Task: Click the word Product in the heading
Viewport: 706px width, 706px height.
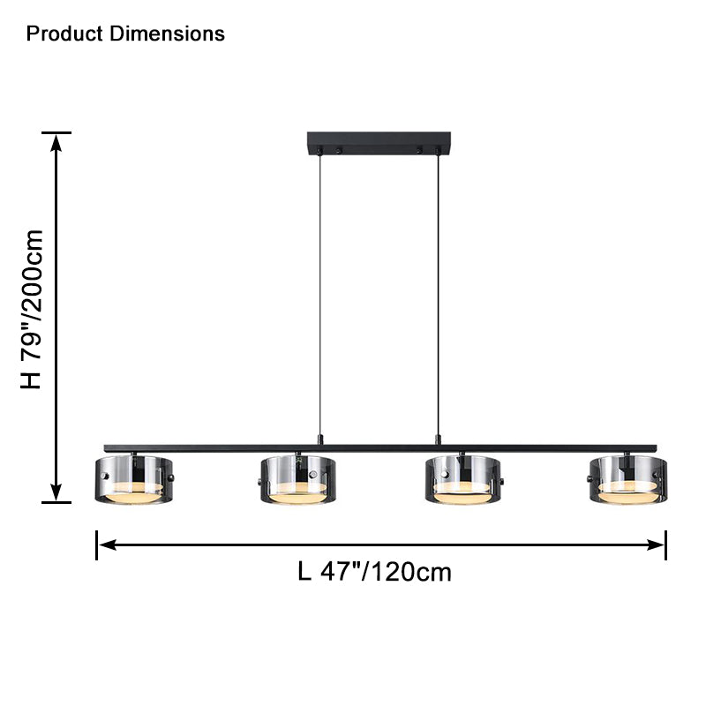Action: click(x=64, y=34)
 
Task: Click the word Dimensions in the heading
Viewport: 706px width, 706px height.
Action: click(x=167, y=34)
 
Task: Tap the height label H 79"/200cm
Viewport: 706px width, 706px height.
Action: click(x=32, y=310)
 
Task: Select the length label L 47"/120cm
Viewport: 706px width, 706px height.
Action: click(x=374, y=572)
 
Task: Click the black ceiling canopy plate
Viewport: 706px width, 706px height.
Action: click(x=379, y=143)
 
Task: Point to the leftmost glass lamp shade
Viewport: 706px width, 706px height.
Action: click(x=134, y=479)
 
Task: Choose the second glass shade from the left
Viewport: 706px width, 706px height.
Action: click(x=297, y=479)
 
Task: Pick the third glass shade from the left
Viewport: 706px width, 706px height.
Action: click(x=463, y=479)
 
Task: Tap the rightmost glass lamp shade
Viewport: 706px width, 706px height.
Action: click(x=628, y=479)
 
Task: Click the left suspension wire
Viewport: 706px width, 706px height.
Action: click(x=320, y=295)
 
